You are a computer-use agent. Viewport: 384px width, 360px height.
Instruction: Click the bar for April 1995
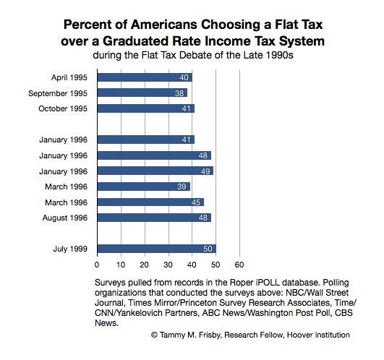(145, 77)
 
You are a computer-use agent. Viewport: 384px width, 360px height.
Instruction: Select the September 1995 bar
(142, 93)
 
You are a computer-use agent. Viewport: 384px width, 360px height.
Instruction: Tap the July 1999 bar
(157, 249)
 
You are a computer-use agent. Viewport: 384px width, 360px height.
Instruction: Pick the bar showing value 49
(155, 171)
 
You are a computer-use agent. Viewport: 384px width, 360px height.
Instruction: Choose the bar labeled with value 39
(144, 187)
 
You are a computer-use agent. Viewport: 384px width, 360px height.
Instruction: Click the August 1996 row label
(65, 218)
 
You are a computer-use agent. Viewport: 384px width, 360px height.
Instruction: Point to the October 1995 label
(63, 108)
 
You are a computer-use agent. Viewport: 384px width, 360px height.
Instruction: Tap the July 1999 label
(70, 249)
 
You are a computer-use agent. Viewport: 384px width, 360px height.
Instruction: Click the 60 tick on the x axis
(239, 265)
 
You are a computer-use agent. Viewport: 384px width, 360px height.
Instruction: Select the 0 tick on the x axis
(97, 265)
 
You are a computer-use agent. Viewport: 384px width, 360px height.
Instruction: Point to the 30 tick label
(168, 265)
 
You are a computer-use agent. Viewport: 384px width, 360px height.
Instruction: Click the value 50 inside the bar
(208, 249)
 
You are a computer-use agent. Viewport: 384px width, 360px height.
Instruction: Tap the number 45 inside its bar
(196, 202)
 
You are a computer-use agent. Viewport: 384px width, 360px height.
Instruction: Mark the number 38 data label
(179, 93)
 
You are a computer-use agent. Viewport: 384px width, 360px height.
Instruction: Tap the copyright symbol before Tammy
(154, 335)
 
